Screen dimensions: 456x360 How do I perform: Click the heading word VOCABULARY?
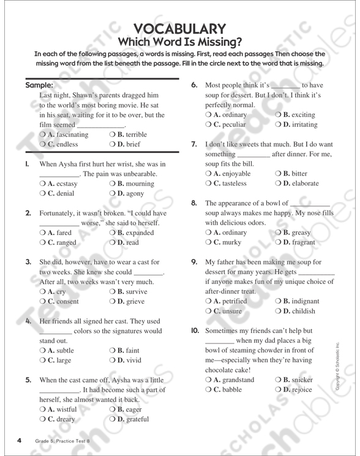point(180,29)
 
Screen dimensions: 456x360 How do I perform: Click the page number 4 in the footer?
point(20,441)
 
